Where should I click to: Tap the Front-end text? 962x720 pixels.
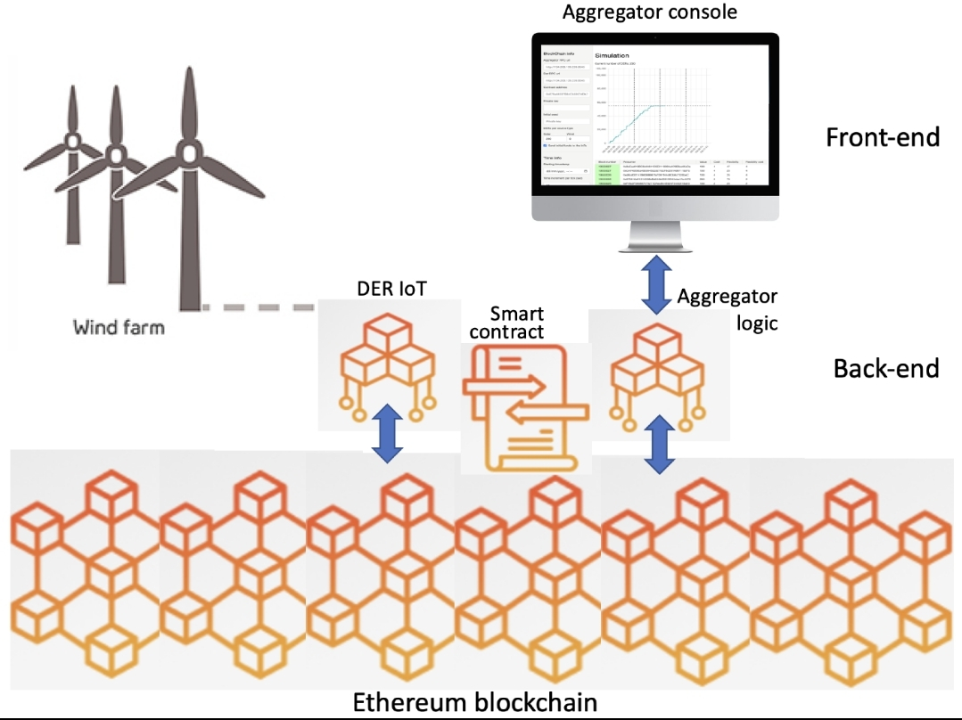click(883, 137)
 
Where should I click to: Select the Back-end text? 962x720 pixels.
click(885, 367)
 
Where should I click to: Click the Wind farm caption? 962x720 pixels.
click(119, 327)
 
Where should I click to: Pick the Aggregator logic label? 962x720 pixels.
click(728, 308)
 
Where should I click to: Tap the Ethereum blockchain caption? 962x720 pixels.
click(475, 701)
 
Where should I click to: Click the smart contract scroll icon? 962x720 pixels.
click(525, 406)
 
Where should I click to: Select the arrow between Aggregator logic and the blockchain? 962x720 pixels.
click(657, 443)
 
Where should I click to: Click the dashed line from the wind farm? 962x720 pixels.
click(259, 307)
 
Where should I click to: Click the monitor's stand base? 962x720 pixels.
click(655, 248)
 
